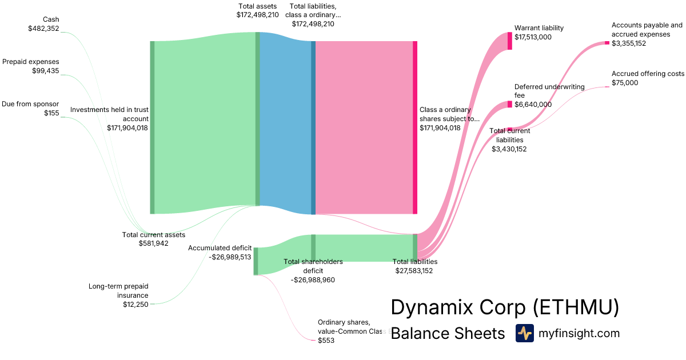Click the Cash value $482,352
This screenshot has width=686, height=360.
(x=43, y=28)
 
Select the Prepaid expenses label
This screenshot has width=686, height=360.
(x=31, y=62)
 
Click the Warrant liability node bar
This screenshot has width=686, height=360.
(x=509, y=41)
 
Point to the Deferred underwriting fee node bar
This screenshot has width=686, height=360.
(x=509, y=104)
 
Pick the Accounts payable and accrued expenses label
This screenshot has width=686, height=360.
(x=647, y=30)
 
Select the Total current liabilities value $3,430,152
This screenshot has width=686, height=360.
(x=509, y=149)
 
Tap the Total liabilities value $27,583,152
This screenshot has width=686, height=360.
(x=414, y=271)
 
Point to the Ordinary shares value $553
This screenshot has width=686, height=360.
(x=326, y=341)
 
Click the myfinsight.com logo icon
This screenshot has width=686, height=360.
(x=524, y=333)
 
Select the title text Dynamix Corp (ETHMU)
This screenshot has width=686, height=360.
(x=505, y=307)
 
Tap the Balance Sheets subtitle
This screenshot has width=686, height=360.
(x=448, y=334)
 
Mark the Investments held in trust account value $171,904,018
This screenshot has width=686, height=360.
(x=127, y=128)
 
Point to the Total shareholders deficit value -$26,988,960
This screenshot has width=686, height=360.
(x=313, y=280)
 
